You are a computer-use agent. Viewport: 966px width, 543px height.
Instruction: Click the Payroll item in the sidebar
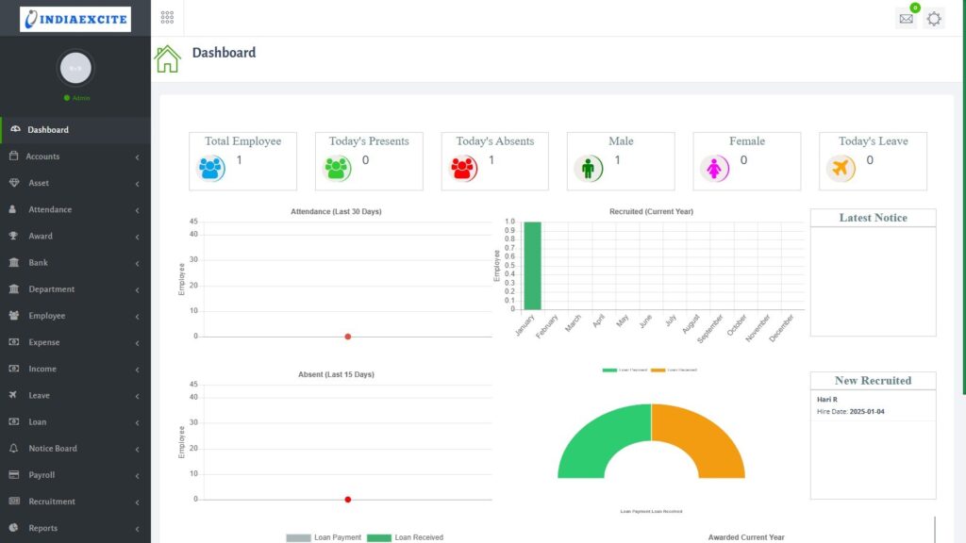click(42, 475)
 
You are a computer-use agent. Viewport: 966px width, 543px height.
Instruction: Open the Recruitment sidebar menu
click(51, 502)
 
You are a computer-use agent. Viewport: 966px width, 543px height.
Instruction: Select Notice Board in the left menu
click(53, 449)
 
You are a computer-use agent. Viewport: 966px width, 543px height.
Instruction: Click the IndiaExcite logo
click(75, 19)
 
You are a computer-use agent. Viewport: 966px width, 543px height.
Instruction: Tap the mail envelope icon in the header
click(907, 19)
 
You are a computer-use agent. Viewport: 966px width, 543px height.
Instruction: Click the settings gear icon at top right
click(934, 19)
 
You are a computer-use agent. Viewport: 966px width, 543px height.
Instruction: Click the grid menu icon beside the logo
click(167, 18)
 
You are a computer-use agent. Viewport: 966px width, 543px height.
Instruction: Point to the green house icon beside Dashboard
click(168, 58)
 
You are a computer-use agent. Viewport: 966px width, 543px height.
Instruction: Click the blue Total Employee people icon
click(211, 169)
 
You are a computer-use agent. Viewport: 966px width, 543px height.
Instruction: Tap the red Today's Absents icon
click(464, 169)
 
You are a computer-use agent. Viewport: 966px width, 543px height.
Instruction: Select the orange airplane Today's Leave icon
click(841, 169)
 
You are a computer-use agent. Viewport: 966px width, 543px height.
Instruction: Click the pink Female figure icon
click(715, 169)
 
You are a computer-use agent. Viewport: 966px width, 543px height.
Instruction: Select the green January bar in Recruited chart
click(532, 266)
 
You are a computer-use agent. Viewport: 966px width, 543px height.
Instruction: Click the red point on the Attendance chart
click(348, 337)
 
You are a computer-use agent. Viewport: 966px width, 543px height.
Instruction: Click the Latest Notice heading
click(873, 218)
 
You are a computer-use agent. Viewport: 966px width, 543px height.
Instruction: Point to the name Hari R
click(827, 400)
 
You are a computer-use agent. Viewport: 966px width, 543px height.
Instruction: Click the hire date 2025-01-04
click(867, 412)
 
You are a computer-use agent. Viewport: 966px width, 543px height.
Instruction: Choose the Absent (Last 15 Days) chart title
click(336, 375)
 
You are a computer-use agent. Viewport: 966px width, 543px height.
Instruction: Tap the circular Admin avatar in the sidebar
click(75, 68)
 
